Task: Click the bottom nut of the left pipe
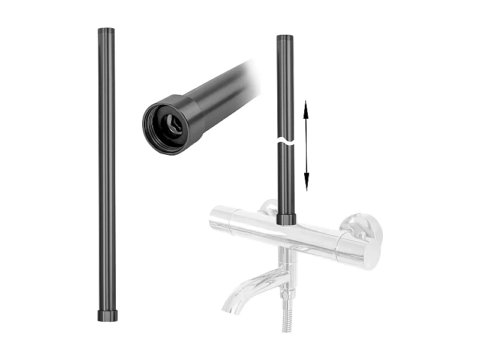pyautogui.click(x=106, y=315)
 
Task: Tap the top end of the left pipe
pyautogui.click(x=106, y=30)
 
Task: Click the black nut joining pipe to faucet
pyautogui.click(x=286, y=218)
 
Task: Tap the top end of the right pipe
pyautogui.click(x=286, y=37)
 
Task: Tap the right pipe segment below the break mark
pyautogui.click(x=286, y=180)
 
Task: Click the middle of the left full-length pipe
pyautogui.click(x=106, y=174)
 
